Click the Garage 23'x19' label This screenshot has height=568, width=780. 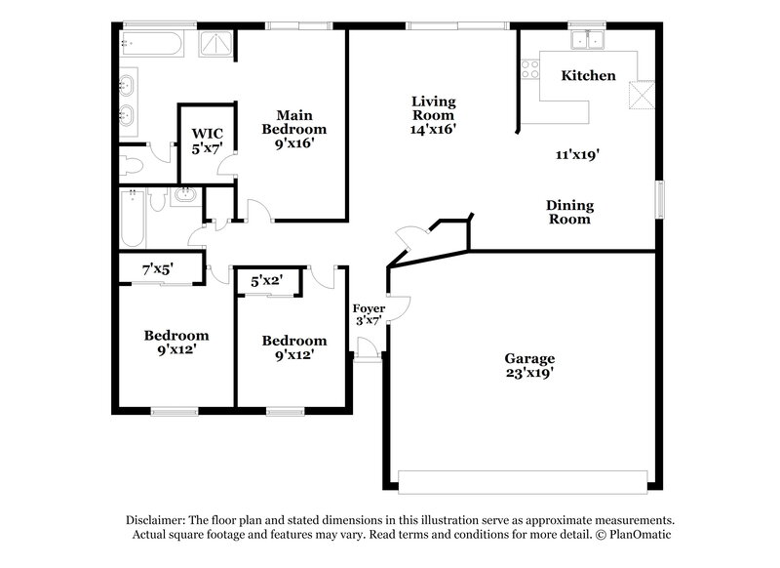(x=529, y=365)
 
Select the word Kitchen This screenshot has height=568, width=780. (x=588, y=75)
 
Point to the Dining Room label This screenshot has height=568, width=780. (x=568, y=213)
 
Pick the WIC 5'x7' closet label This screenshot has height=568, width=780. (x=206, y=140)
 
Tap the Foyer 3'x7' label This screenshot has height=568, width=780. (x=369, y=314)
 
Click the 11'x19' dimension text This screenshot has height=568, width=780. (x=575, y=153)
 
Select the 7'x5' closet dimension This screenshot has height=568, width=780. (x=156, y=269)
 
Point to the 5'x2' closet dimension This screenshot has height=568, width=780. (x=267, y=281)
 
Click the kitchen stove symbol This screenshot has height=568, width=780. (x=531, y=69)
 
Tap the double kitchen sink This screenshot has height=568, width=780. (x=588, y=41)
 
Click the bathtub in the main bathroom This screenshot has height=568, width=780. (x=151, y=43)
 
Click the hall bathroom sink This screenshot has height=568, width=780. (x=184, y=196)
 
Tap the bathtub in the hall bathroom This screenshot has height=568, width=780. (x=132, y=220)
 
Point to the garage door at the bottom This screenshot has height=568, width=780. (x=523, y=481)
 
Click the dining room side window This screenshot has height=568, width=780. (x=660, y=200)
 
